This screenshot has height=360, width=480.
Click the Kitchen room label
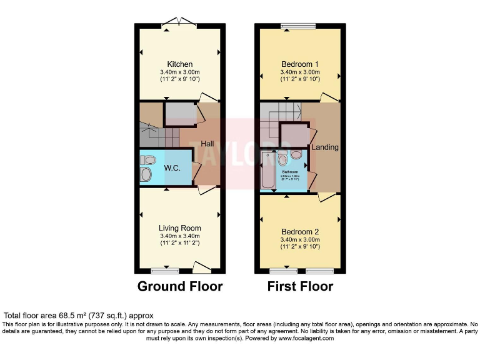point(179,64)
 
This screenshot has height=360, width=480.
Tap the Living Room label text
point(179,228)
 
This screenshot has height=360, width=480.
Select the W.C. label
point(172,167)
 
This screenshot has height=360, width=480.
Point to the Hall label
point(207,144)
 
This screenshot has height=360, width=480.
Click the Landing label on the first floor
point(325,147)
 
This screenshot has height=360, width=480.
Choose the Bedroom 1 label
point(299,64)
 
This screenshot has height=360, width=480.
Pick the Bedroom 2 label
point(299,231)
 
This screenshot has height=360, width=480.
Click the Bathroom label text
point(290,172)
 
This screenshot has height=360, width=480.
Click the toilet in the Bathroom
point(296,154)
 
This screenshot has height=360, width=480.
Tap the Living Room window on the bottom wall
point(165,272)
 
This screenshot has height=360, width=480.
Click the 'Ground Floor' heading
point(179,287)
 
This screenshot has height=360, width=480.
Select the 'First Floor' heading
point(300,287)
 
